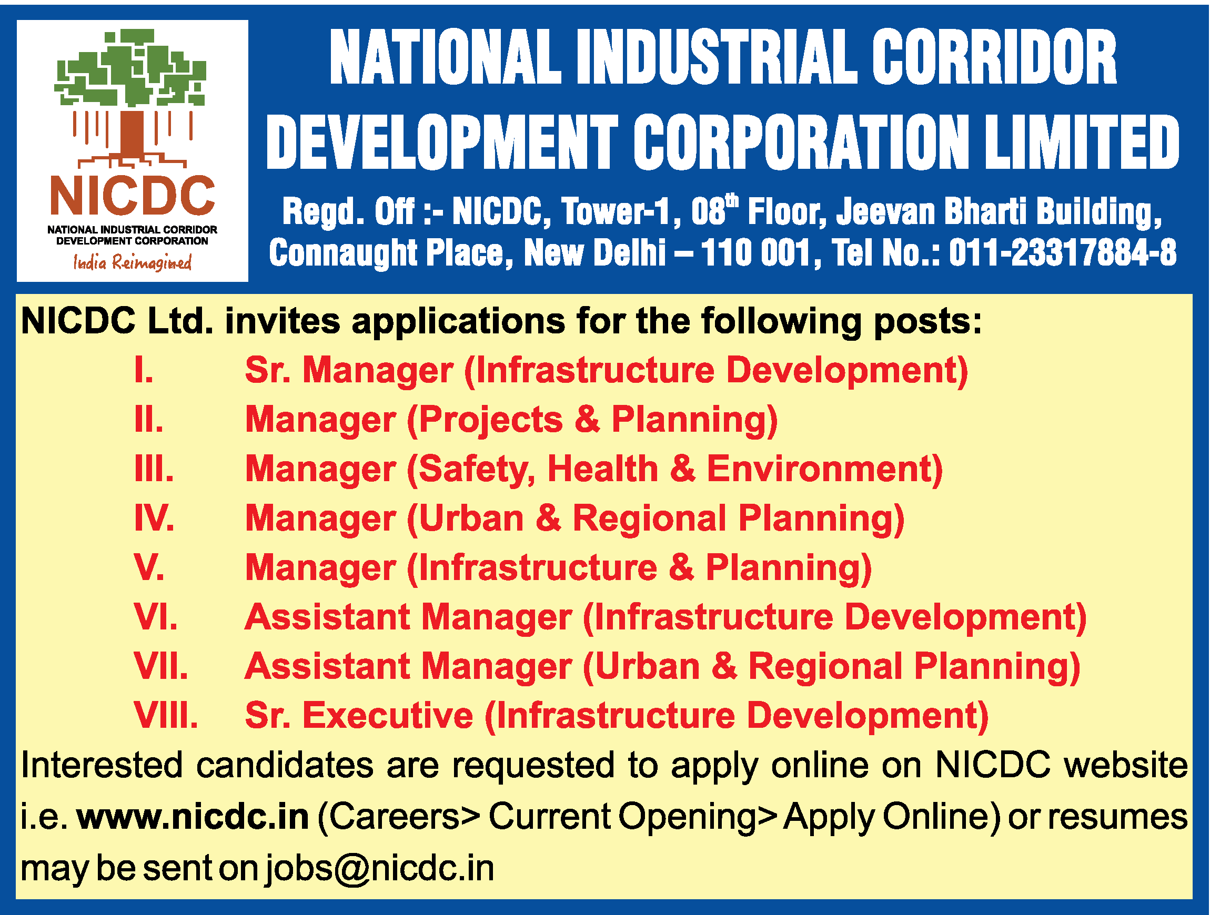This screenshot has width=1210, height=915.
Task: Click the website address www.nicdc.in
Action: [193, 817]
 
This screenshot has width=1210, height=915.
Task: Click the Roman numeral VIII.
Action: [166, 715]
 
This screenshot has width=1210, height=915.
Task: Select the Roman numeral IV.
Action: [154, 517]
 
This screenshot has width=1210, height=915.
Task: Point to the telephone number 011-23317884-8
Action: [1062, 253]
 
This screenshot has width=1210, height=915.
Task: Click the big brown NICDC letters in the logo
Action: [133, 196]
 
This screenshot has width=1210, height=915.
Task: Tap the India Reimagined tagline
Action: [133, 263]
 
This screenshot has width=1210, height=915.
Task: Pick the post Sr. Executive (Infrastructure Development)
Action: [617, 715]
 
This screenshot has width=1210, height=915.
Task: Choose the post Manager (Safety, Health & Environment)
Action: [594, 469]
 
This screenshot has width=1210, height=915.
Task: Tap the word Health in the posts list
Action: [603, 469]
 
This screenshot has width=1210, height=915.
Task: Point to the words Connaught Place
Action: [391, 253]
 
